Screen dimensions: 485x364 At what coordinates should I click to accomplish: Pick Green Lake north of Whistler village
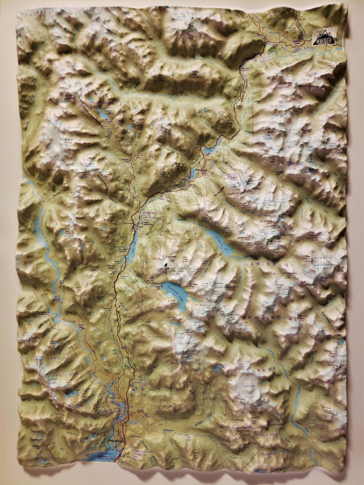pos(212,147)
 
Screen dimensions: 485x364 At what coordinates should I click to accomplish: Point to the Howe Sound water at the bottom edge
pos(101,457)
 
